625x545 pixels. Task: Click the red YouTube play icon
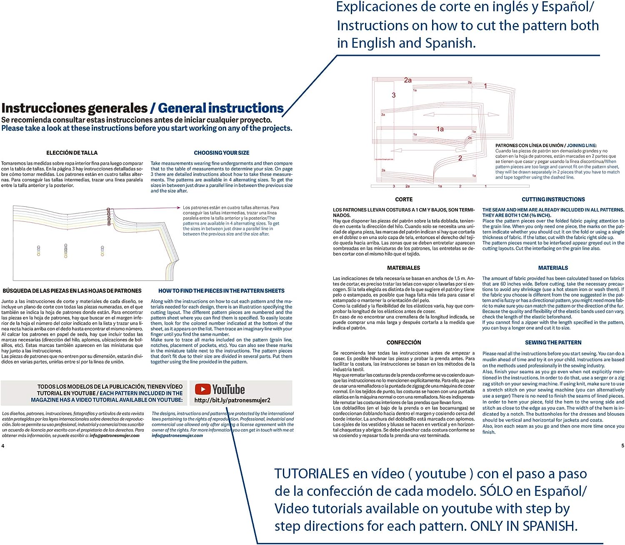202,389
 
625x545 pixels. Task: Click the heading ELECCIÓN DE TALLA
72,153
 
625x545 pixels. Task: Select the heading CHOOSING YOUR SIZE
222,153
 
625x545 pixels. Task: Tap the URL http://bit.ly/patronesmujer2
232,400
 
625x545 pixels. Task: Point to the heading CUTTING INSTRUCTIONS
553,200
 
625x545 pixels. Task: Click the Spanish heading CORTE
404,200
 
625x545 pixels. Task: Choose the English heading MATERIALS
553,268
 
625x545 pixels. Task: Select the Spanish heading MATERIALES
403,268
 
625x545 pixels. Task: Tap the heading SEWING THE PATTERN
553,343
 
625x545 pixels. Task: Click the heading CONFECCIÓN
404,343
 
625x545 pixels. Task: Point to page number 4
3,446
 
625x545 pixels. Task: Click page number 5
622,446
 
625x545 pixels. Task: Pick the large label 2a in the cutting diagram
407,80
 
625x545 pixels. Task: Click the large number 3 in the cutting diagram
393,95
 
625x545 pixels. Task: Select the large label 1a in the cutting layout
440,129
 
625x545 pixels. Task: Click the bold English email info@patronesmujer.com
177,436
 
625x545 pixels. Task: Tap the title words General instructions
221,108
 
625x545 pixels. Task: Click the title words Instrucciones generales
75,108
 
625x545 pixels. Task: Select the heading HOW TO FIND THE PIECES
221,291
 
